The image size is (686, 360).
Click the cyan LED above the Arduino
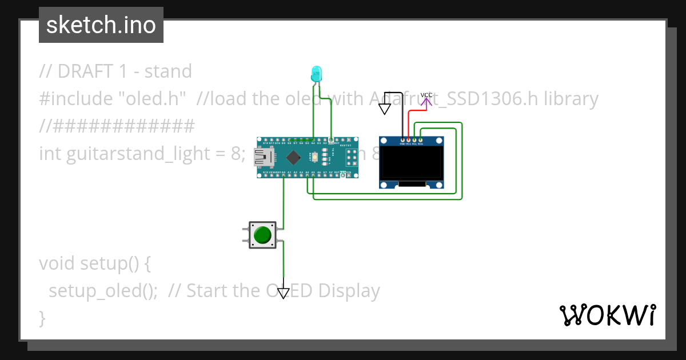coord(316,74)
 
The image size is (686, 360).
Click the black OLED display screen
coord(412,162)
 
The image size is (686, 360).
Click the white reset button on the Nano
coord(314,155)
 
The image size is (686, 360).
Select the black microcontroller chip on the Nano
coord(293,157)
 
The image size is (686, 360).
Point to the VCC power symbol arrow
coord(426,102)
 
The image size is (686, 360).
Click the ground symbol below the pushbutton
coord(284,293)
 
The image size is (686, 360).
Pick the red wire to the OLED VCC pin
coord(409,117)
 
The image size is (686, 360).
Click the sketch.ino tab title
coord(101,25)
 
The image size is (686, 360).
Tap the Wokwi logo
coord(607,315)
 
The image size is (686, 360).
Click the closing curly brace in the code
coord(42,318)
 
